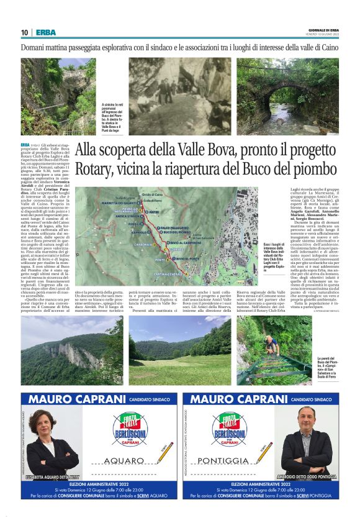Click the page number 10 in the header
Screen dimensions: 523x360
(x=24, y=32)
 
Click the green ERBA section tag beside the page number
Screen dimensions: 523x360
(x=45, y=32)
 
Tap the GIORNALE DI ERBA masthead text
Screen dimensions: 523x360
(x=323, y=30)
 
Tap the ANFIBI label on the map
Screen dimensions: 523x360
(x=150, y=211)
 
